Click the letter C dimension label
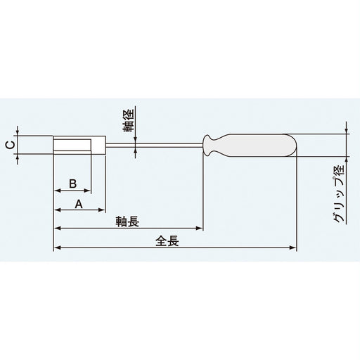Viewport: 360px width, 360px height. click(x=8, y=146)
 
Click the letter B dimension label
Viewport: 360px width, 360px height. click(x=72, y=183)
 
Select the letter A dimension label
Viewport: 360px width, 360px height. click(x=79, y=203)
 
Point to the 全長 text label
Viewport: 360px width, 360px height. click(x=169, y=240)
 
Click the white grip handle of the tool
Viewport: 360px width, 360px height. click(x=260, y=146)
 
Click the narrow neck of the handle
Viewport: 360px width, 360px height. click(x=210, y=146)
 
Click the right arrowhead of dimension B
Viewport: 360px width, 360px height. click(x=88, y=191)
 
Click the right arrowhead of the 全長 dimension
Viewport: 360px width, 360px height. click(x=294, y=247)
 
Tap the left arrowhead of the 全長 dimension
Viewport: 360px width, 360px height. click(x=56, y=247)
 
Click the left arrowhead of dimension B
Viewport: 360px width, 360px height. click(x=56, y=191)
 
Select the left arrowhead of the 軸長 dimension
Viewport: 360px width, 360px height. click(x=56, y=229)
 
